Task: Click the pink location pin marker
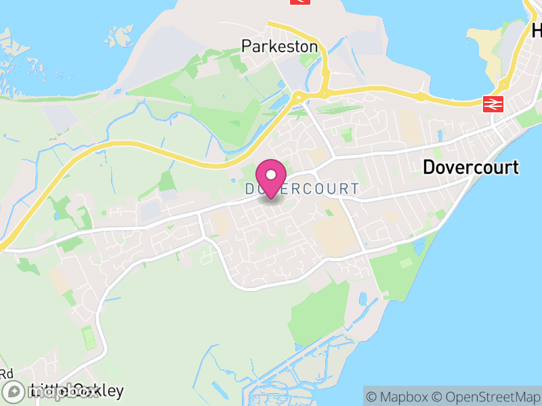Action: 271,177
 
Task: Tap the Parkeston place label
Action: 279,47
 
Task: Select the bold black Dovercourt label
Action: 471,167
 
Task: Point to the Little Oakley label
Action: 77,390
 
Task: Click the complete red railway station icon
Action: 493,104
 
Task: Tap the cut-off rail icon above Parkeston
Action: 297,2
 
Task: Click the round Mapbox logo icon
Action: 12,391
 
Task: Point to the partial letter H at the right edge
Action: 537,30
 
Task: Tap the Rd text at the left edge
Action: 7,374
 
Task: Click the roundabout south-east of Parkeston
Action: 297,97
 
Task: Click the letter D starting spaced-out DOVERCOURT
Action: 250,189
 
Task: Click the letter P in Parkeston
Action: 247,47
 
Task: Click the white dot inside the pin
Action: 271,175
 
